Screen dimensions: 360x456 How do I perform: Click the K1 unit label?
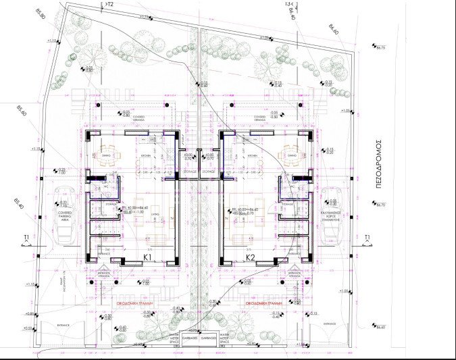147,257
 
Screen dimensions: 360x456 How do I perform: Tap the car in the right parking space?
330,214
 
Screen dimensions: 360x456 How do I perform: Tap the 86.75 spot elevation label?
380,47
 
